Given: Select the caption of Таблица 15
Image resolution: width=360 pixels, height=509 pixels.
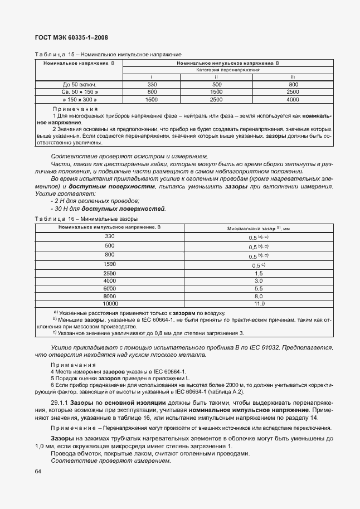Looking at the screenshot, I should (108, 54).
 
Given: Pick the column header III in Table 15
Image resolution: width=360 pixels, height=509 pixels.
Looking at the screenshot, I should (293, 76).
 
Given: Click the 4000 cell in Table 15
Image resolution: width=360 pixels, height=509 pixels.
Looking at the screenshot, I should (293, 99).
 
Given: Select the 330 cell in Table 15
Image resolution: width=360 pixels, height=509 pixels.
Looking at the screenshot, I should (152, 84).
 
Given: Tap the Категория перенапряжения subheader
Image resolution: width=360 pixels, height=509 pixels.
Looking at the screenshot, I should (227, 70).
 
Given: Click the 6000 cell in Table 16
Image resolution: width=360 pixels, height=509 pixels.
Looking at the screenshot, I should (109, 289).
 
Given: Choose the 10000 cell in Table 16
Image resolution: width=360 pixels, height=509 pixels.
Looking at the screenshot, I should (109, 304).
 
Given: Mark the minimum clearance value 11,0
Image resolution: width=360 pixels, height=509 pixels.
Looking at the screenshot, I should (259, 304).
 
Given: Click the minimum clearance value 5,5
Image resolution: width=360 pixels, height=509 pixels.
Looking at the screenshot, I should (259, 289).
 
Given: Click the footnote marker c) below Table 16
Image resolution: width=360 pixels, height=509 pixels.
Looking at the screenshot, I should (55, 333).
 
